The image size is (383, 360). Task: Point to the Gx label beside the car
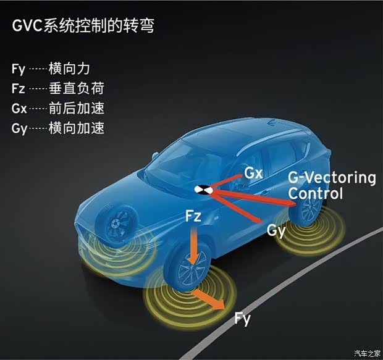tap(253, 174)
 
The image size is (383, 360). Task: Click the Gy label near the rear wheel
tap(276, 231)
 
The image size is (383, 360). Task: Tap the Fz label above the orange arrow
tap(193, 216)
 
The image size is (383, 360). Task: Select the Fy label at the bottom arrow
tap(242, 319)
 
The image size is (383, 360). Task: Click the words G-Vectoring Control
tap(332, 185)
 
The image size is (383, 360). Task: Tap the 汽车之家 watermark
tap(367, 353)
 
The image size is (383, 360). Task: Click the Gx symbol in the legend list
tap(19, 108)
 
